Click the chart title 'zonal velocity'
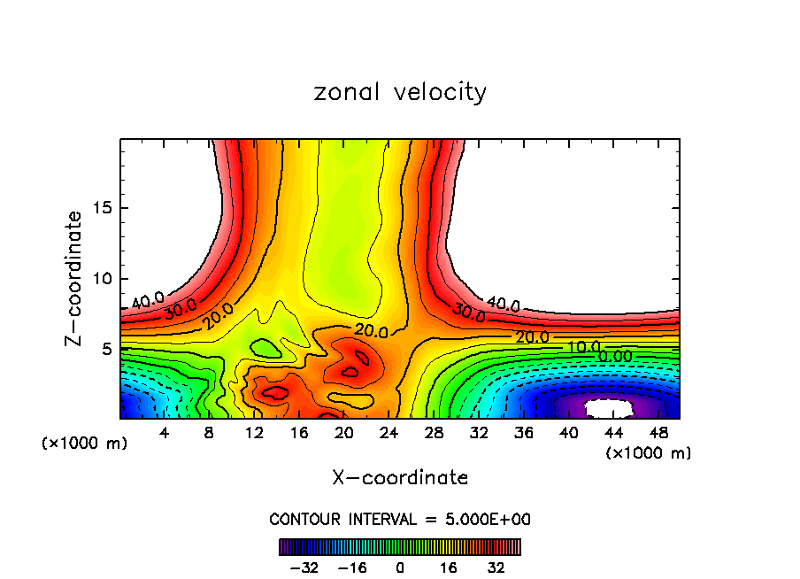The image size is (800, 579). (400, 92)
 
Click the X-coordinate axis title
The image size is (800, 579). (400, 478)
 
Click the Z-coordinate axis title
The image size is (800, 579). (75, 278)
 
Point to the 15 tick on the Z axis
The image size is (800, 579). (105, 208)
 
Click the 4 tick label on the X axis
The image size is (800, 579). (165, 433)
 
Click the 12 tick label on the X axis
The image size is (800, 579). (254, 433)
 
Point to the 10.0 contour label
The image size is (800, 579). (584, 347)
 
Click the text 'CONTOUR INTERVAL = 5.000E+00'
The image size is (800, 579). (400, 519)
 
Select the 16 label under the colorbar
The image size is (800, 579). (449, 567)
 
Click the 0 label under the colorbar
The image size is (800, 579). (400, 567)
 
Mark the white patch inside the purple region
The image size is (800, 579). (612, 408)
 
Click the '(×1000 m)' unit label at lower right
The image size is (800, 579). (649, 453)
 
